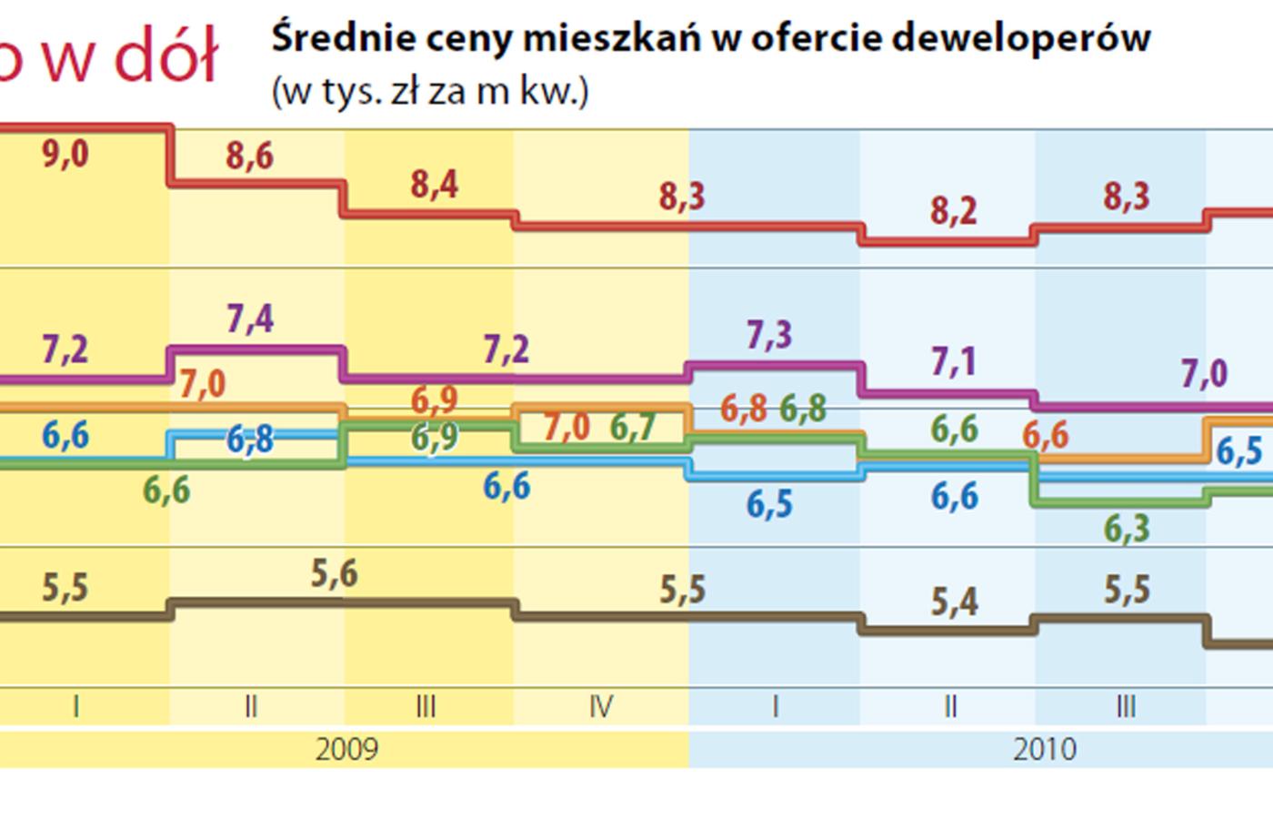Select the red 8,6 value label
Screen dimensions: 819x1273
[x=250, y=157]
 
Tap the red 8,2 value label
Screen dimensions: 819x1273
[x=954, y=212]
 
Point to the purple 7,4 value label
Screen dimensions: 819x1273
[x=250, y=319]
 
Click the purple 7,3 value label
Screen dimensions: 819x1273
[x=769, y=336]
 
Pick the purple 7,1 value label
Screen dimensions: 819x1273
[x=954, y=362]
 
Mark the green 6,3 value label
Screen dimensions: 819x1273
[x=1127, y=529]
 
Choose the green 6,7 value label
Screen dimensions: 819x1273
[x=633, y=427]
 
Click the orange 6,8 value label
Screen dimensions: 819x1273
[x=744, y=409]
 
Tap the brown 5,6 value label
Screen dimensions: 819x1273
[x=335, y=574]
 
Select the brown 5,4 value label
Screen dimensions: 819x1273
[x=954, y=602]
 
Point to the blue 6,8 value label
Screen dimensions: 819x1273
[x=250, y=440]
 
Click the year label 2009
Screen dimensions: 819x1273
[x=346, y=750]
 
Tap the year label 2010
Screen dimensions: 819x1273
[x=1045, y=750]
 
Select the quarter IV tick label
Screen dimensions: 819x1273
[x=601, y=706]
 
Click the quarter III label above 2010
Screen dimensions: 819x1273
[x=1126, y=706]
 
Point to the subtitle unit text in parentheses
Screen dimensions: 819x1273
[x=430, y=92]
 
